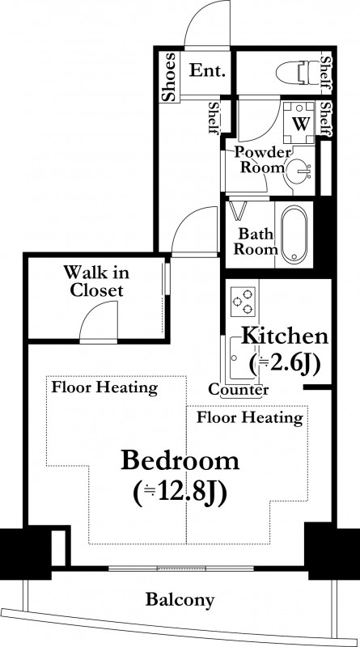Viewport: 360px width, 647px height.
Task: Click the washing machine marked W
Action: tap(299, 123)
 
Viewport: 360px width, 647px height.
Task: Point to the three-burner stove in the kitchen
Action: tap(243, 302)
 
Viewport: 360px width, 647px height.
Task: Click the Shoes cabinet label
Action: tap(169, 77)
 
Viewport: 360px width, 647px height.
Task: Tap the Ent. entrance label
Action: tap(208, 70)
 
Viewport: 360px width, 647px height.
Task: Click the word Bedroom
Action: tap(180, 461)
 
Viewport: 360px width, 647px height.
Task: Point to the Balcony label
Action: tap(180, 599)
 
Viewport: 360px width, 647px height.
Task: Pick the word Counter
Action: tap(238, 389)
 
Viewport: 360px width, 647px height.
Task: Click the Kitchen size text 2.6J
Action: tap(285, 365)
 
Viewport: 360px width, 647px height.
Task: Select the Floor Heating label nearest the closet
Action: tap(104, 388)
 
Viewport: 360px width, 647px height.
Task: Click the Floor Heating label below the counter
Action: tap(250, 417)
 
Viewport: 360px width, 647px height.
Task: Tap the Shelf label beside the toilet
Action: tap(325, 74)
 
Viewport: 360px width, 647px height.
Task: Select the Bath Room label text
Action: tap(256, 242)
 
